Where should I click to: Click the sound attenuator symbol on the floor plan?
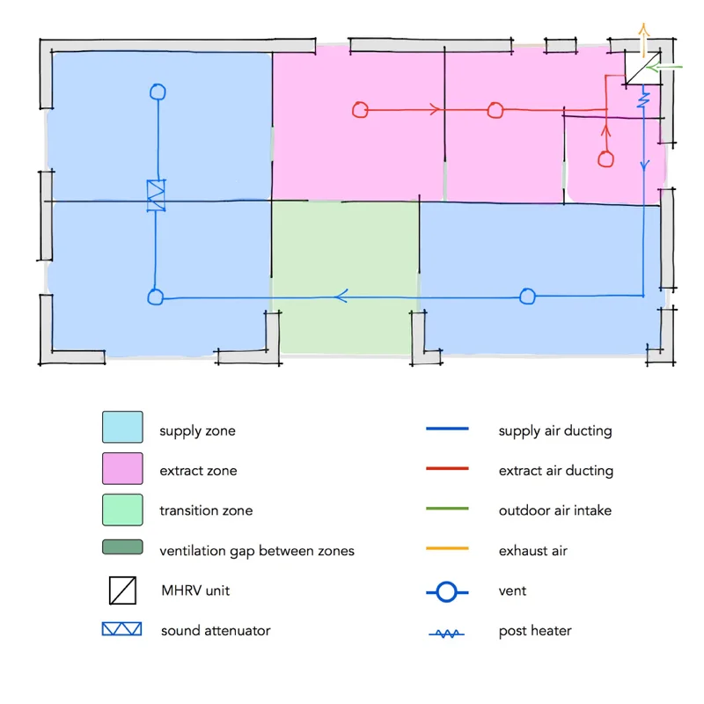tap(156, 194)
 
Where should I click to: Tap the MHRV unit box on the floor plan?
tap(640, 69)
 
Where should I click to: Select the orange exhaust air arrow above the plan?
tap(643, 39)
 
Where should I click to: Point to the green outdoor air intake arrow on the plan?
tap(665, 66)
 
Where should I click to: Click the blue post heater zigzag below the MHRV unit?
tap(644, 99)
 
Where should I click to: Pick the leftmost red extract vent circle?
tap(360, 110)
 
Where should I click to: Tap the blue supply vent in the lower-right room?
tap(527, 297)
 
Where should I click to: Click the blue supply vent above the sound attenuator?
tap(158, 91)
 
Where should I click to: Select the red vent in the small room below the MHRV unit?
tap(605, 159)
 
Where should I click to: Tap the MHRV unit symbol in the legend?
tap(122, 590)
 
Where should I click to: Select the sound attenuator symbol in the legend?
tap(122, 630)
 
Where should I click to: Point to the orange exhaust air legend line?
tap(447, 551)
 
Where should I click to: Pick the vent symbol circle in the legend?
tap(447, 592)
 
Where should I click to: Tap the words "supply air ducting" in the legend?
tap(554, 431)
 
